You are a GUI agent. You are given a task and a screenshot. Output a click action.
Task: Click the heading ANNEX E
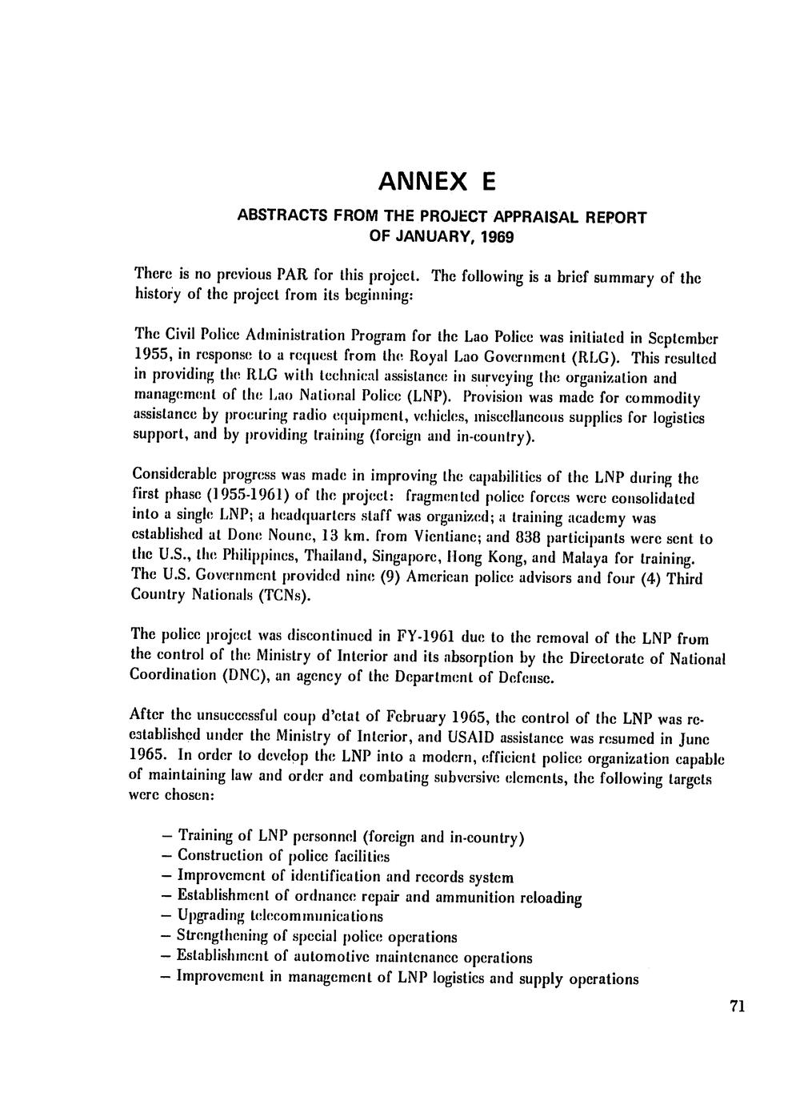[x=437, y=183]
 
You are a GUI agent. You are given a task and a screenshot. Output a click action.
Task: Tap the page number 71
[x=738, y=1007]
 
